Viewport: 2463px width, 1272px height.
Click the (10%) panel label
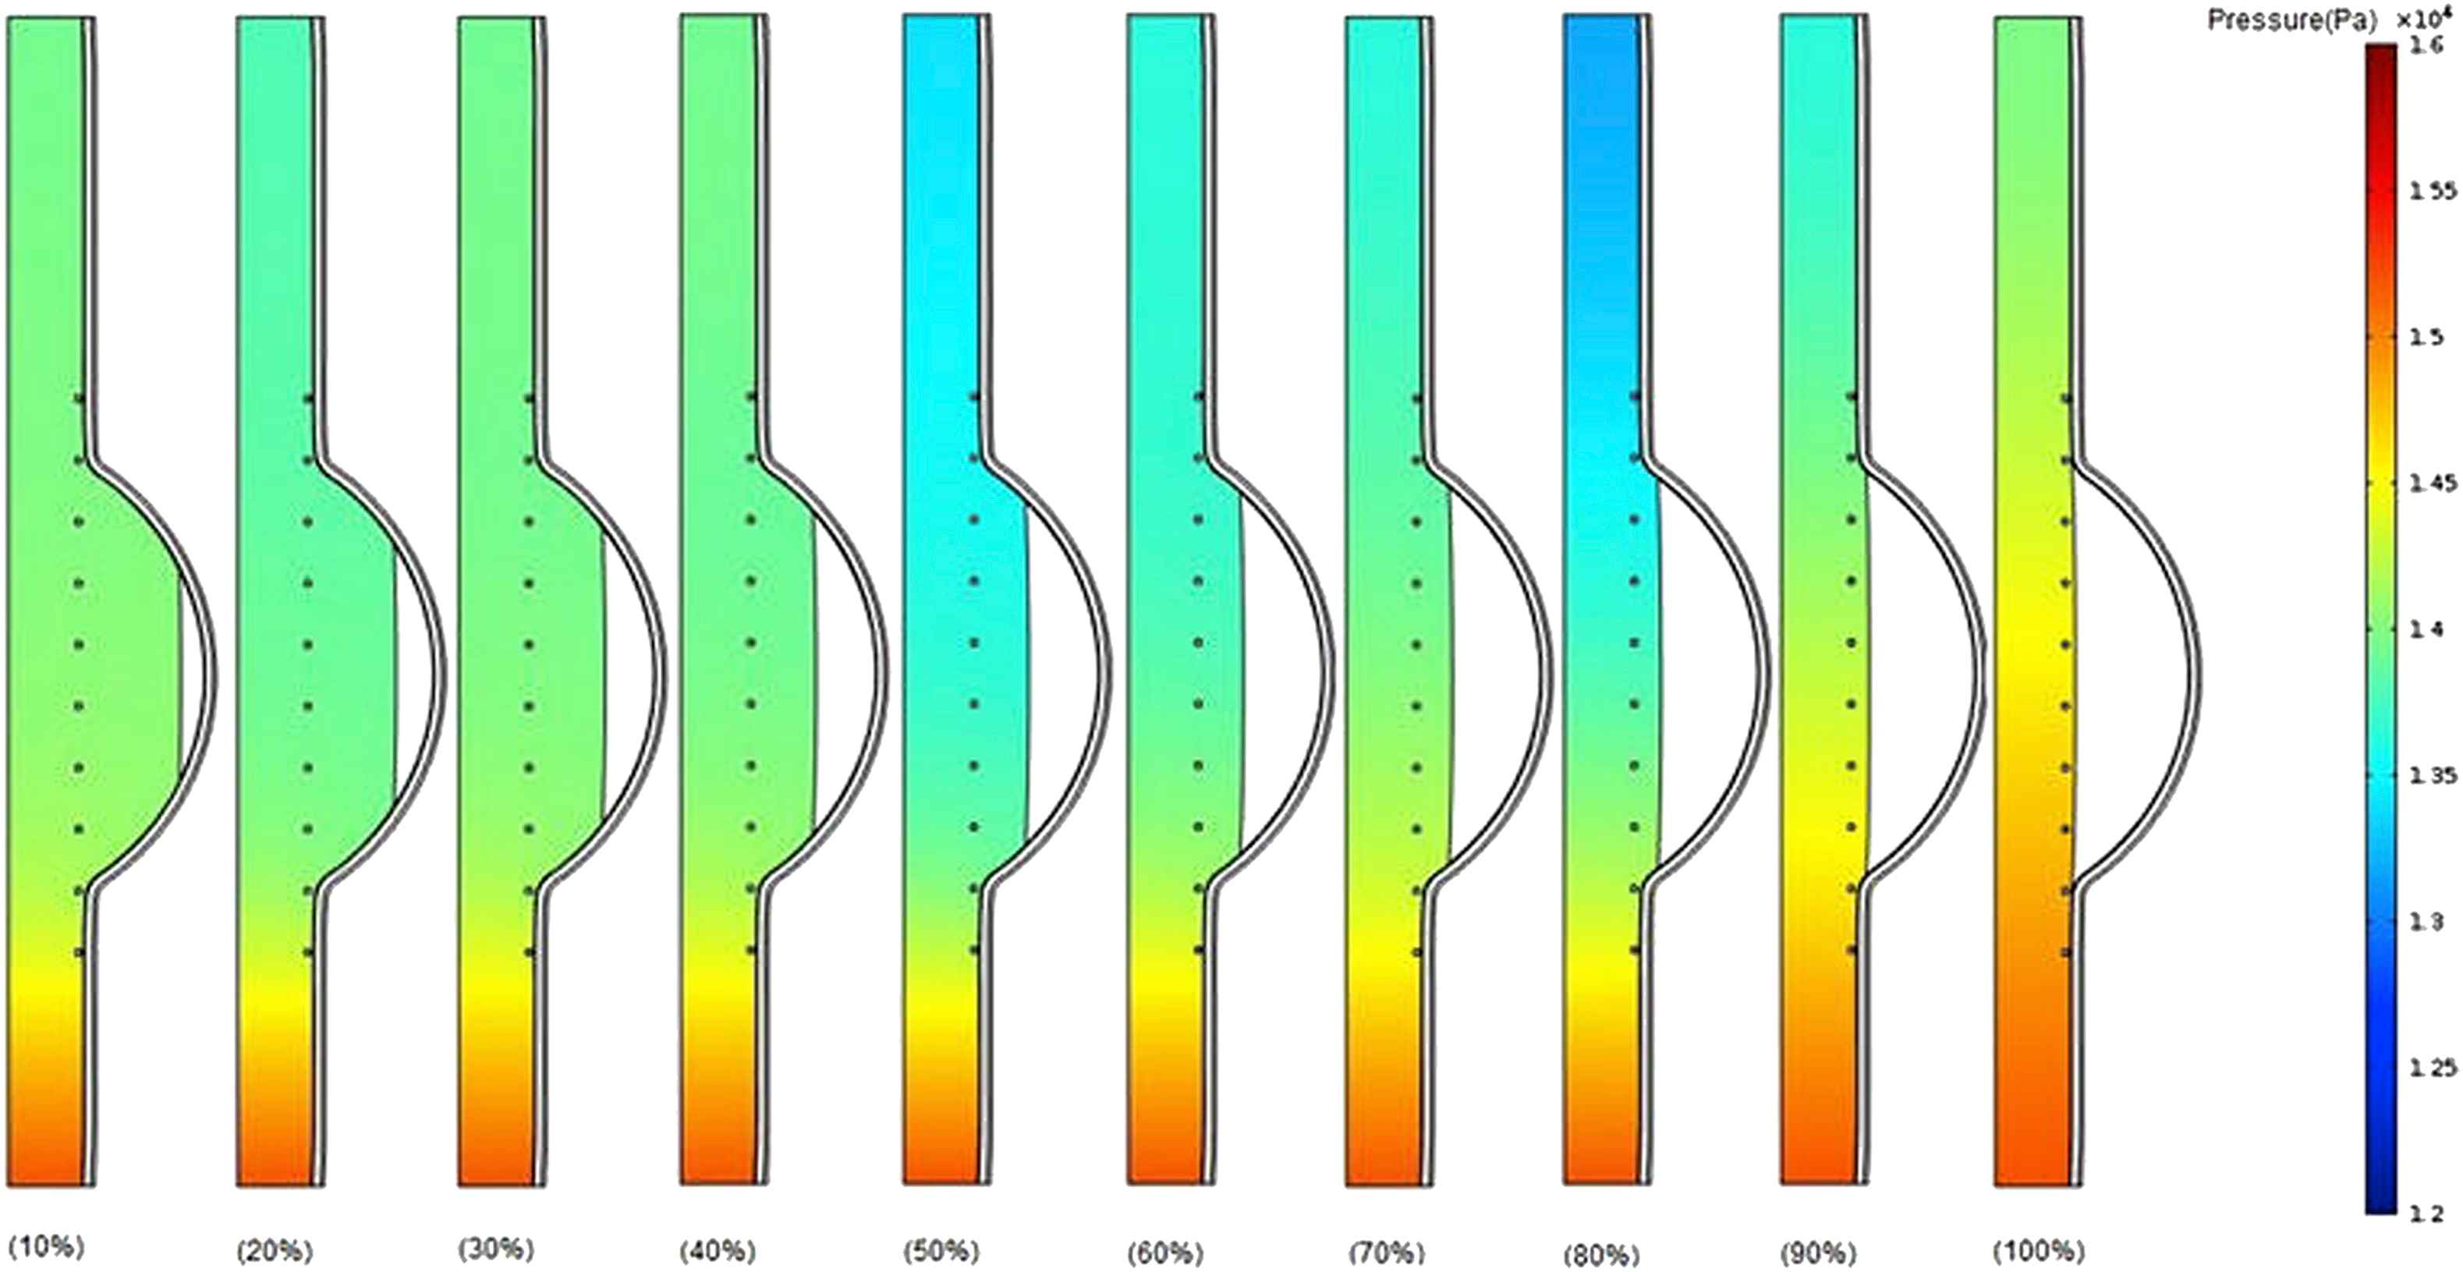click(46, 1246)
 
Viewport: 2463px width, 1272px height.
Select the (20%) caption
click(275, 1250)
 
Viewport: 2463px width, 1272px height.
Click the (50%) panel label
click(940, 1250)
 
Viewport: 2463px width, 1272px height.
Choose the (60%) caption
click(1164, 1252)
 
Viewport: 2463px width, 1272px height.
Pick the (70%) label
click(1387, 1252)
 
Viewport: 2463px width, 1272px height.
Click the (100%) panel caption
click(2039, 1250)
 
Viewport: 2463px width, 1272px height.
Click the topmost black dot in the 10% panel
click(80, 398)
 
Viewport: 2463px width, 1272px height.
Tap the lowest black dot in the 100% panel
click(2066, 952)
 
